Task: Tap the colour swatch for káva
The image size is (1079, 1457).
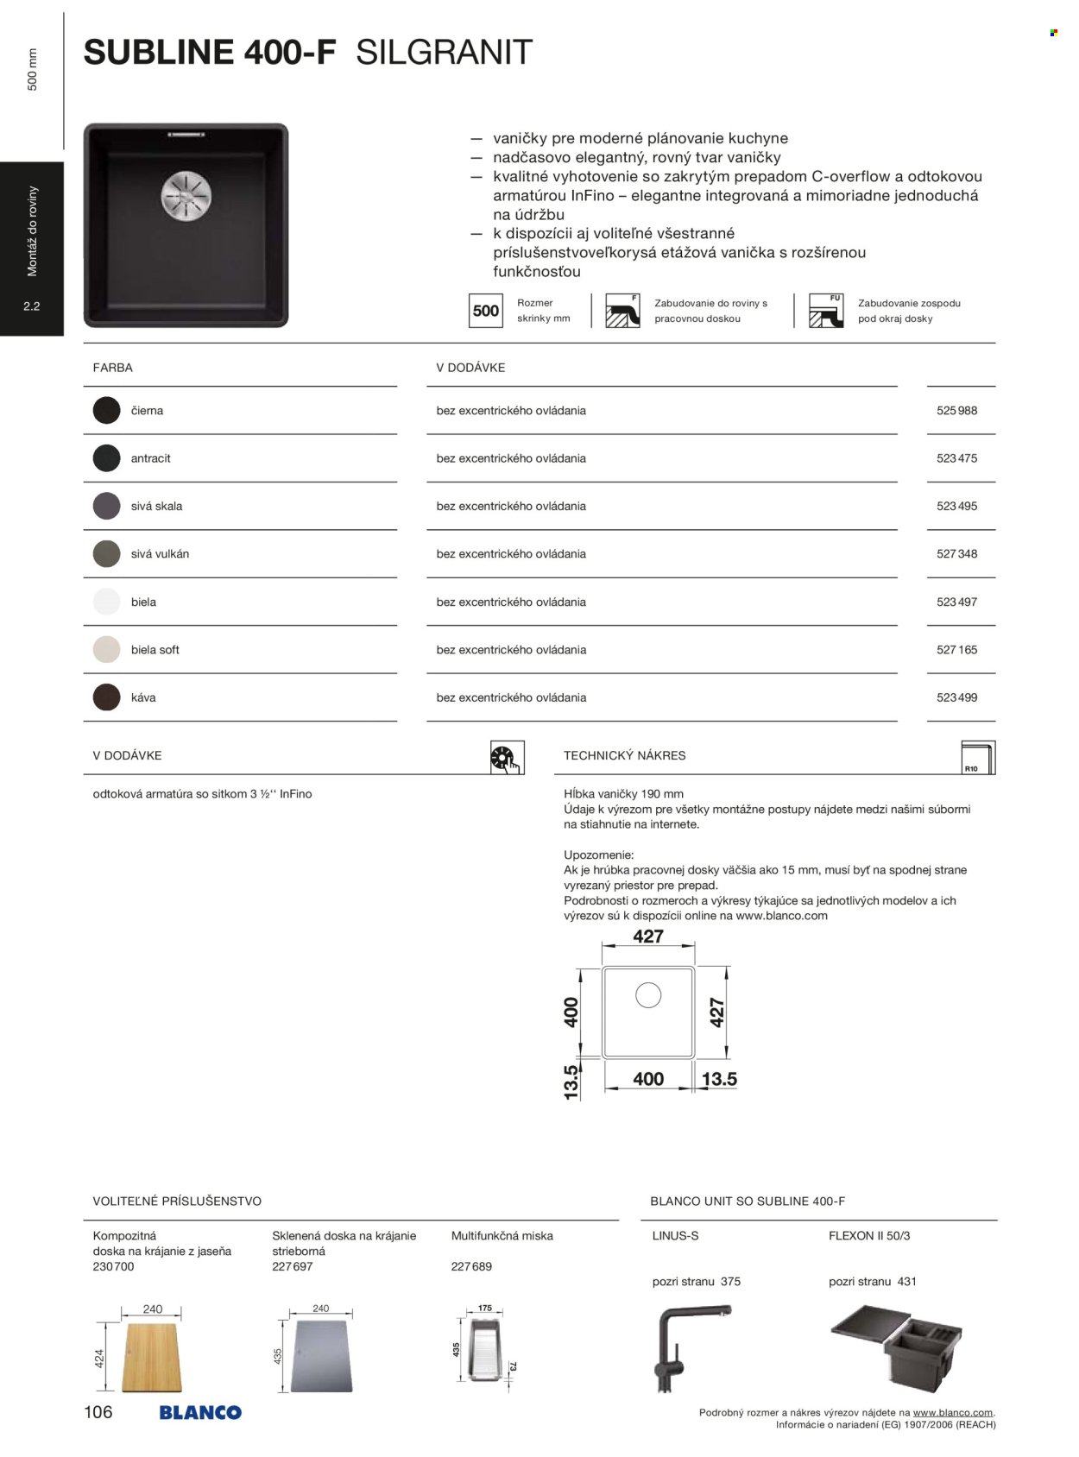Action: (x=107, y=697)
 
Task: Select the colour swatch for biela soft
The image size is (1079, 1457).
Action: (x=107, y=650)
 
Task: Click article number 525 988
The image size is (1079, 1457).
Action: (x=956, y=411)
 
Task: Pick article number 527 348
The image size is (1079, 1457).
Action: (x=956, y=554)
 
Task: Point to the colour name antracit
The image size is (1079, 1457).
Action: (x=151, y=458)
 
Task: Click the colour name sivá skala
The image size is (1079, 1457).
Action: (x=157, y=507)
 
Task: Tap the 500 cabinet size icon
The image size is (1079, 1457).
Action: (x=486, y=311)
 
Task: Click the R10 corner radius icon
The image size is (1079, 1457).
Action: (x=978, y=758)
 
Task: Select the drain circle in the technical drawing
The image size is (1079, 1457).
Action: (x=648, y=995)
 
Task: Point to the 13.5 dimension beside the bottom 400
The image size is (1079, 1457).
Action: (x=719, y=1079)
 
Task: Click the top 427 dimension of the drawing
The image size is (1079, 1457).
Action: (x=648, y=937)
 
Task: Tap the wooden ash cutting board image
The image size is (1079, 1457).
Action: (x=152, y=1355)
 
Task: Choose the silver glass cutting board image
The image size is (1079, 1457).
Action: (x=321, y=1355)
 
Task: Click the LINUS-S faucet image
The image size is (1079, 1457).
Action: (x=683, y=1347)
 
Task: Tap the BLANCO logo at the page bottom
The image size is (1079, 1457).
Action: (x=200, y=1413)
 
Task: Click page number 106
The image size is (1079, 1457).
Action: (x=98, y=1412)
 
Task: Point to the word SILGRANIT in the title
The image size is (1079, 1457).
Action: (x=444, y=54)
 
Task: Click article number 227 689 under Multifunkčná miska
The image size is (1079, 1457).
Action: (x=471, y=1266)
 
